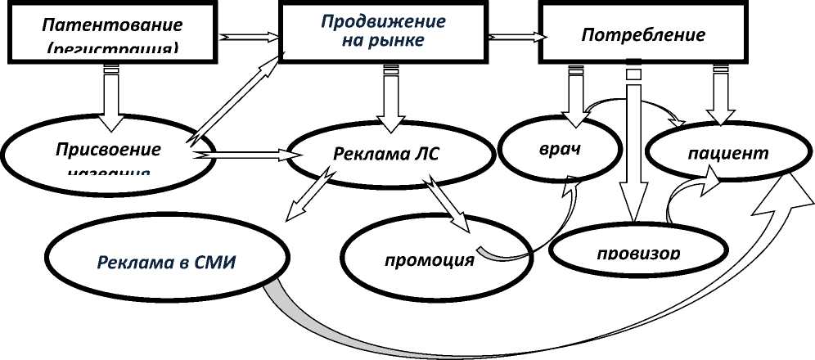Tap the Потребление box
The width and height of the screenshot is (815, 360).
(x=642, y=35)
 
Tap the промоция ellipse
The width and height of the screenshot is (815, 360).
(x=429, y=259)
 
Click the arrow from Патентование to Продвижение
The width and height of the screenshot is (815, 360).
(x=250, y=37)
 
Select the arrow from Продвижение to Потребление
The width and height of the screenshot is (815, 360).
(x=516, y=37)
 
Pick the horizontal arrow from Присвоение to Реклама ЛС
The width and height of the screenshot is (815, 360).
(x=245, y=153)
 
